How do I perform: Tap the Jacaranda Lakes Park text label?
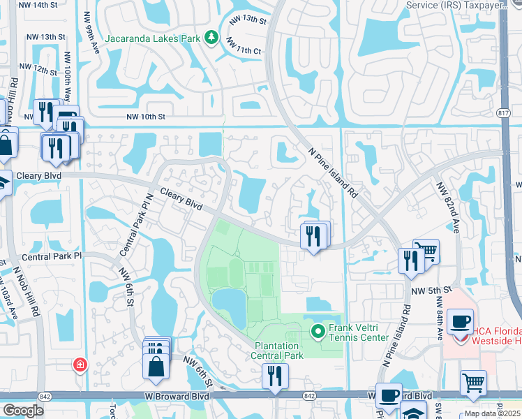click(x=153, y=38)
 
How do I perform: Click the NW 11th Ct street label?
click(x=243, y=51)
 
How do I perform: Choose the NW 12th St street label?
click(x=38, y=68)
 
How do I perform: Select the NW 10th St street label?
click(x=146, y=117)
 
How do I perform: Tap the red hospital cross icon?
click(x=81, y=365)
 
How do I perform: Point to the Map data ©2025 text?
click(x=492, y=413)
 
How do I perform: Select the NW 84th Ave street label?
click(x=440, y=318)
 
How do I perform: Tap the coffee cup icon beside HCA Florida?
click(x=460, y=322)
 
